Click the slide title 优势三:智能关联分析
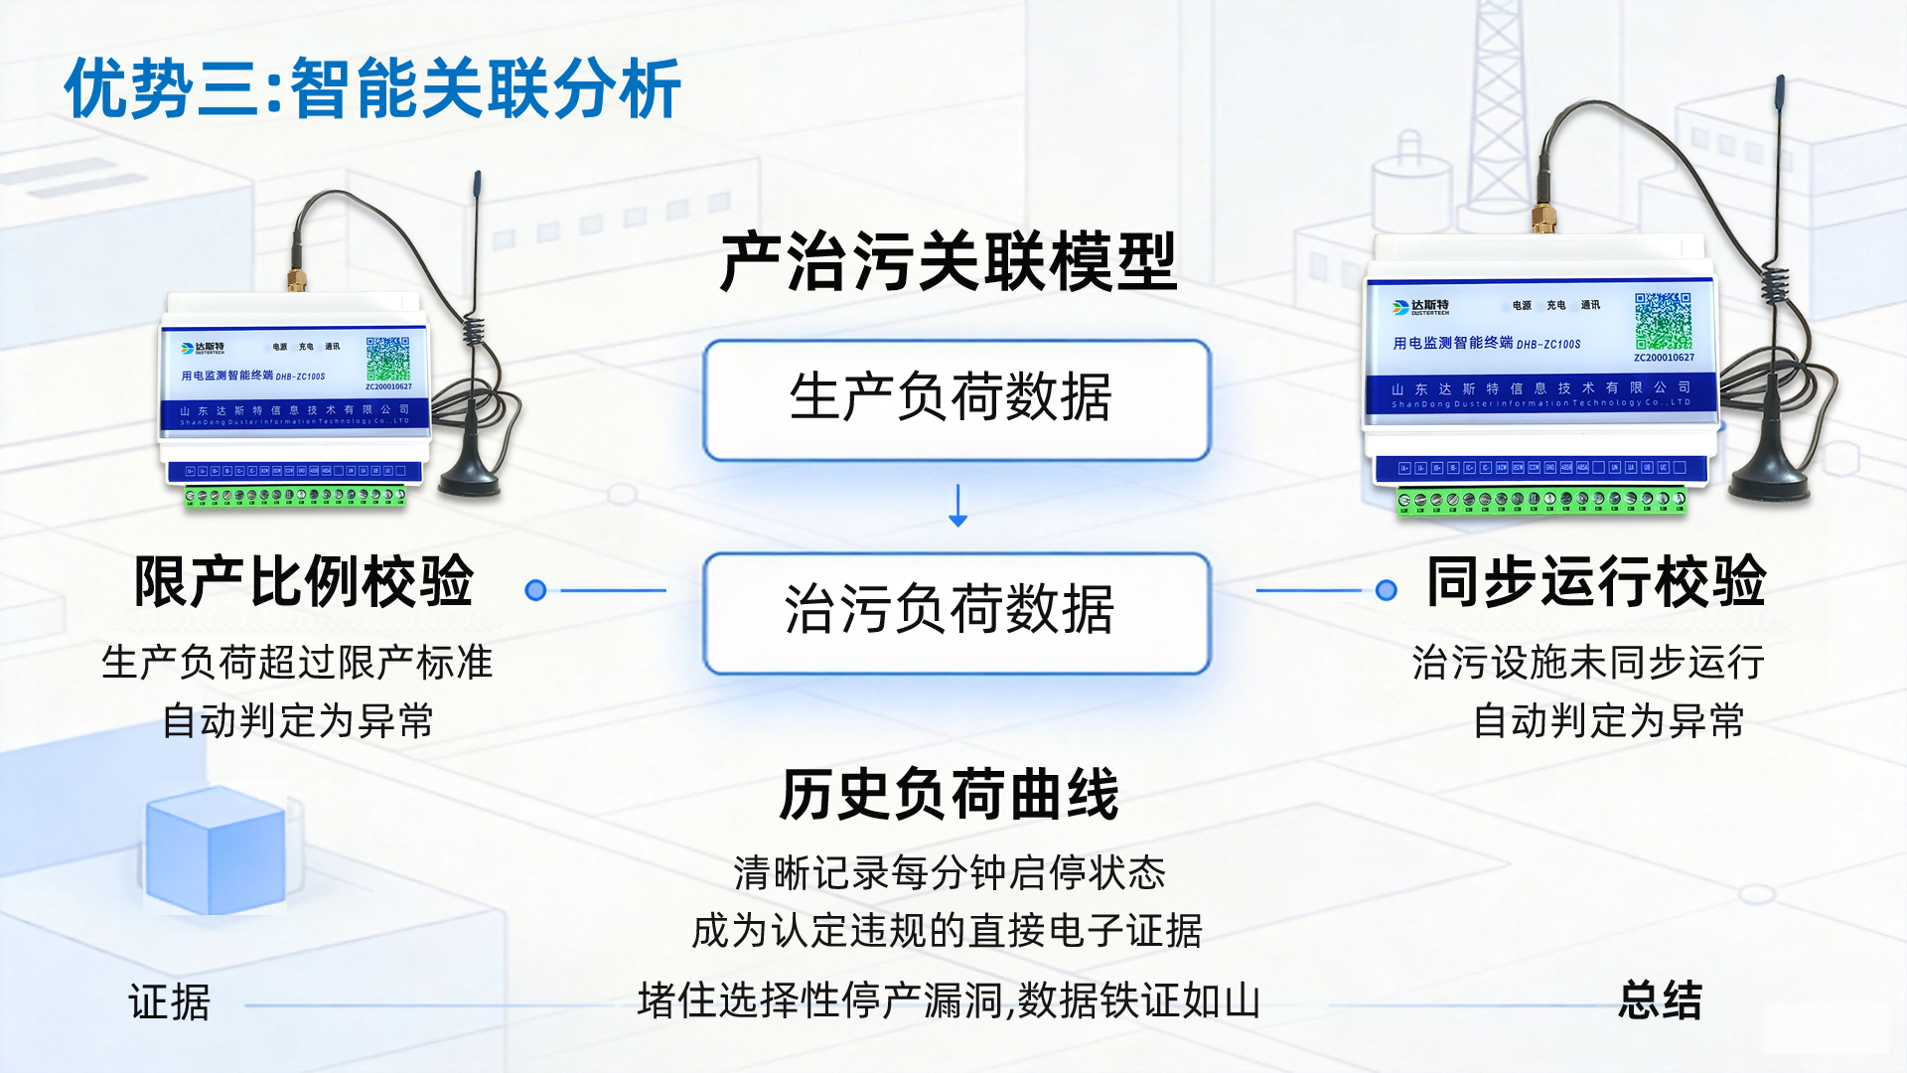372,89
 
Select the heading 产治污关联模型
949,262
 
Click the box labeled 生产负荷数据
956,399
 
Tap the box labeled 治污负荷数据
956,612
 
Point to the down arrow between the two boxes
958,506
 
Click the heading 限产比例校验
304,582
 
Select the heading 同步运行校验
1596,582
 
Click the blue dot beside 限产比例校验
535,591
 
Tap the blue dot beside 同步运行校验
1387,591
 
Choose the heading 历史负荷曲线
950,796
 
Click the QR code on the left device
387,359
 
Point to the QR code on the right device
1664,320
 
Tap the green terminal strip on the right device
1541,500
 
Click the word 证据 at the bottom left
170,1002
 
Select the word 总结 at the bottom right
1660,1000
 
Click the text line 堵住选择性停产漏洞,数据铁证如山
949,1000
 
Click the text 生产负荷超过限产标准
297,663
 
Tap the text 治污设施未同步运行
1588,663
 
